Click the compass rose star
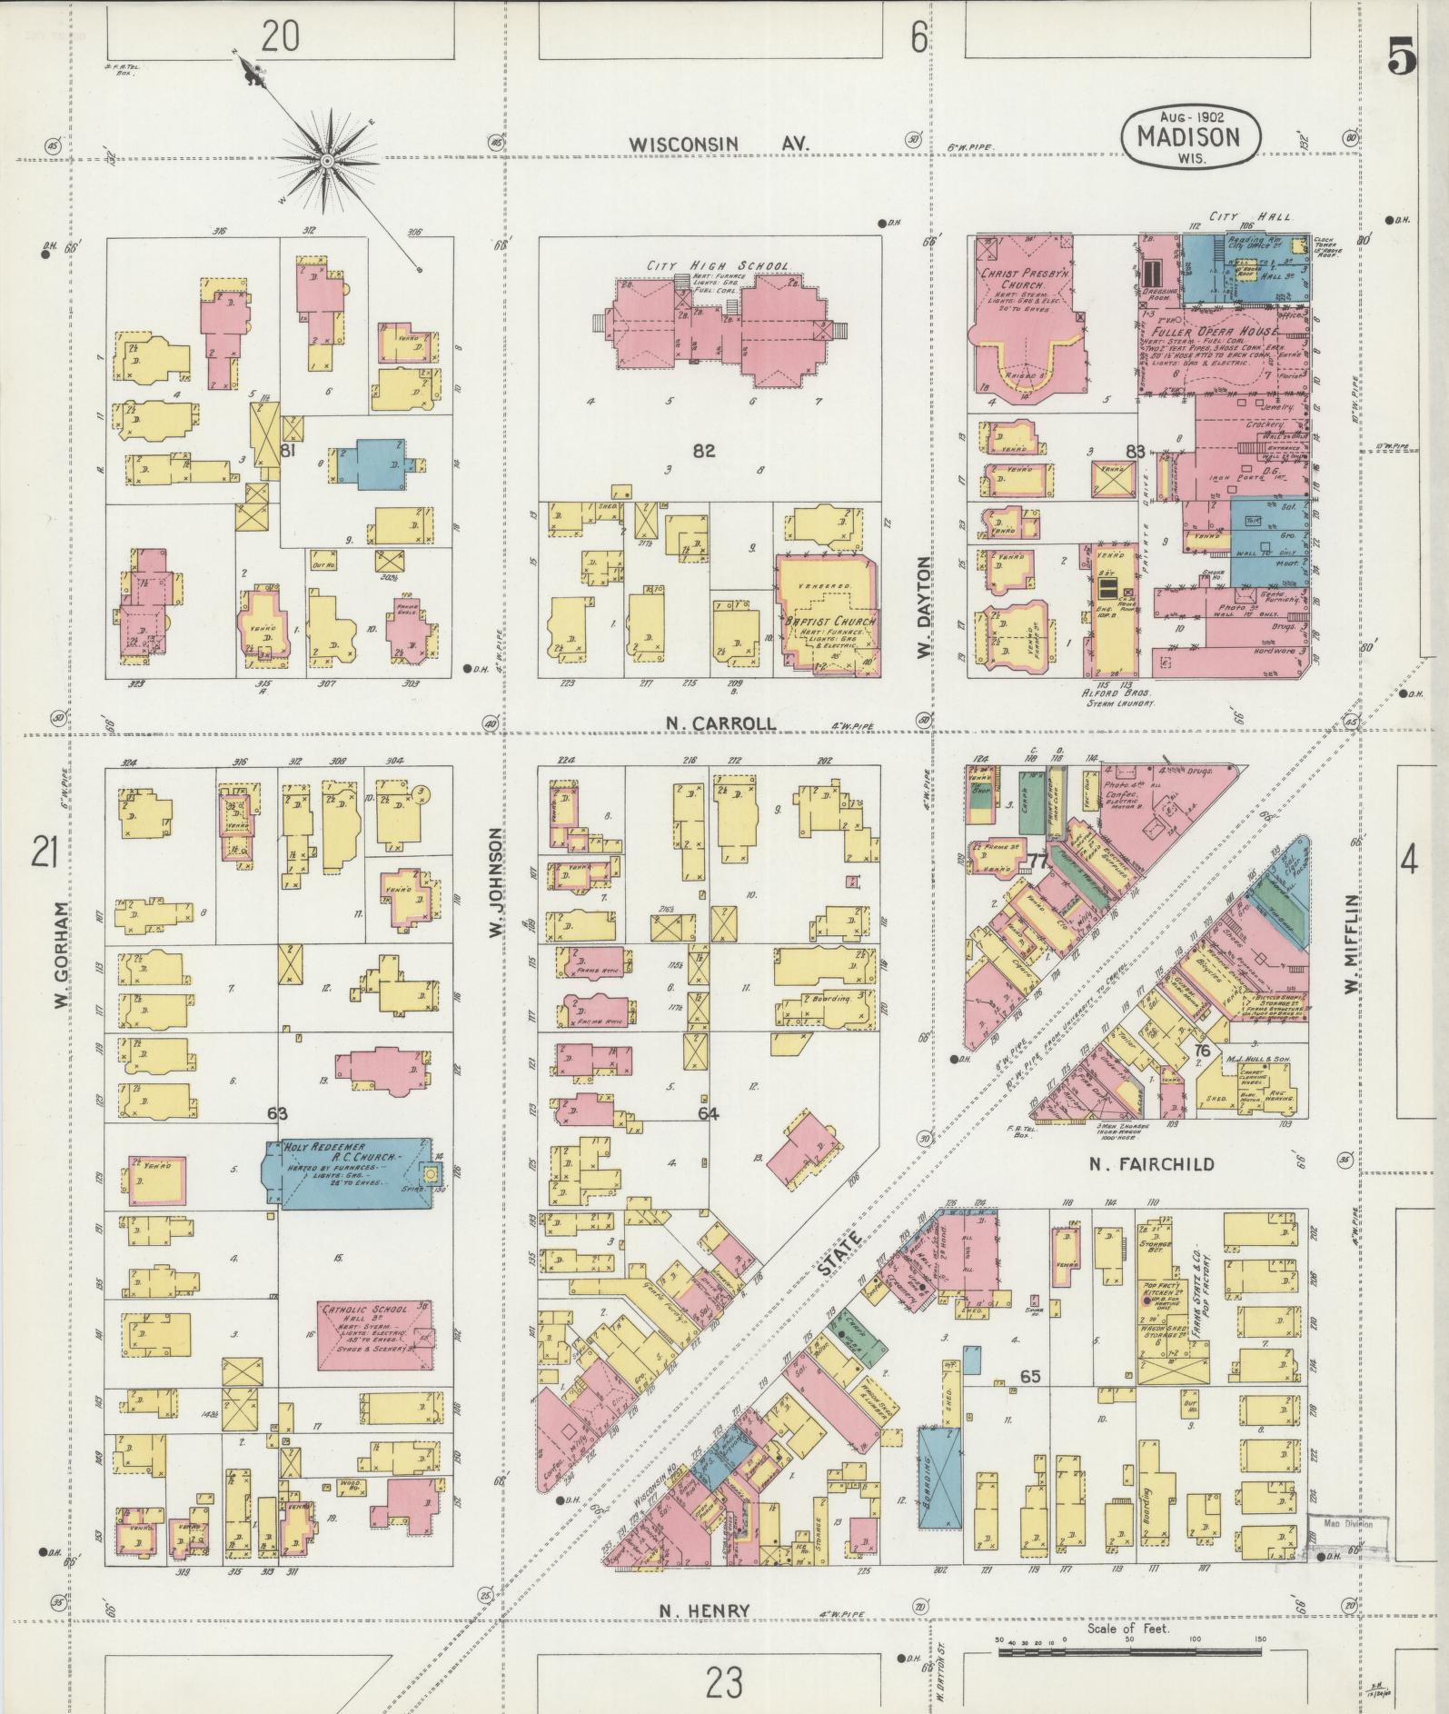[x=325, y=161]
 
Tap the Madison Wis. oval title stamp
[x=1191, y=136]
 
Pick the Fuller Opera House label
[x=1208, y=332]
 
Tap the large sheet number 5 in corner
[x=1402, y=59]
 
